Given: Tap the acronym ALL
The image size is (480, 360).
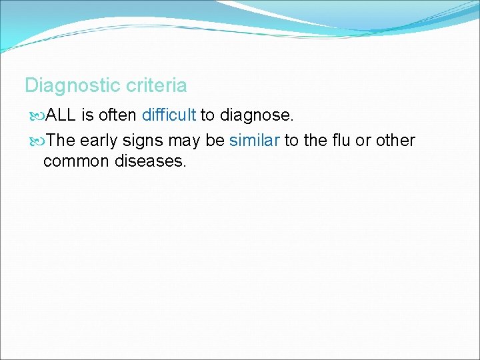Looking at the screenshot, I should coord(61,115).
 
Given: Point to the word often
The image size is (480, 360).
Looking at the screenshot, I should coord(118,115).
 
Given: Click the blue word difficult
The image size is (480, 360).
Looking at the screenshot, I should coord(169,115).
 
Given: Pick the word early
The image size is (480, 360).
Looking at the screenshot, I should coord(99,141).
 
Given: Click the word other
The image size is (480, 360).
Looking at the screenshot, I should coord(395,141).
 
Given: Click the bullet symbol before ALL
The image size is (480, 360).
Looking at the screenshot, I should coord(37,116).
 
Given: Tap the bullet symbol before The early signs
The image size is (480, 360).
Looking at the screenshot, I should coord(37,141).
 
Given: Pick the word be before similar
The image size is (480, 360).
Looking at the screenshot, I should coord(216,141).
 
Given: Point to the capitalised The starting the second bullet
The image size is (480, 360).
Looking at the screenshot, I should coord(61,141).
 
